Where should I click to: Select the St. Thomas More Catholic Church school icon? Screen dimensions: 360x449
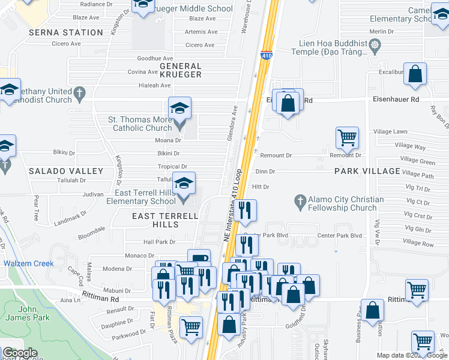point(179,109)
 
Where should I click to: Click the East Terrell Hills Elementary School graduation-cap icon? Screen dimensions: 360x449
point(184,183)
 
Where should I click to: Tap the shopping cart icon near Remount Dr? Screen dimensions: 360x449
point(347,138)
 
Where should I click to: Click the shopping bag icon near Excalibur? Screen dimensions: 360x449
point(415,74)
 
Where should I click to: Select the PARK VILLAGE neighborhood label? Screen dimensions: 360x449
point(367,171)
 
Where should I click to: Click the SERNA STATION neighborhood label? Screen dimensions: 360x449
point(66,32)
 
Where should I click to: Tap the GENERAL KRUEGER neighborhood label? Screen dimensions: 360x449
point(180,70)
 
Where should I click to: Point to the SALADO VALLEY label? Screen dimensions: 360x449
point(66,171)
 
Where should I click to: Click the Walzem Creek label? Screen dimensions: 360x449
point(28,263)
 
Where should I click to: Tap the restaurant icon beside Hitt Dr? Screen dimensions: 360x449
point(245,210)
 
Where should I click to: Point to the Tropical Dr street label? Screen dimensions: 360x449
point(172,167)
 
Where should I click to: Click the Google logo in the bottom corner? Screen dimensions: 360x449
point(20,353)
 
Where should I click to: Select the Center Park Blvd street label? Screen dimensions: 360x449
point(340,236)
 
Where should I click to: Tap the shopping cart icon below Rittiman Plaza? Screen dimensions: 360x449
point(191,328)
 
